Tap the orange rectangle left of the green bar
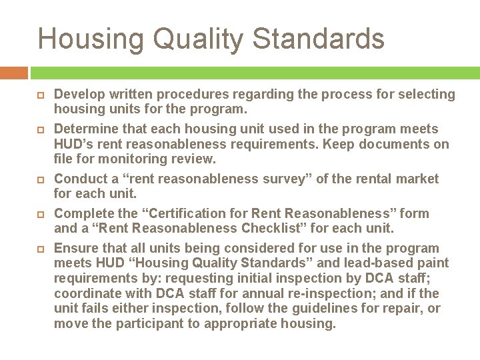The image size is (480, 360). coord(13,72)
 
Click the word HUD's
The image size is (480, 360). coord(73,144)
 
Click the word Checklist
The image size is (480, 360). coord(285,228)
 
